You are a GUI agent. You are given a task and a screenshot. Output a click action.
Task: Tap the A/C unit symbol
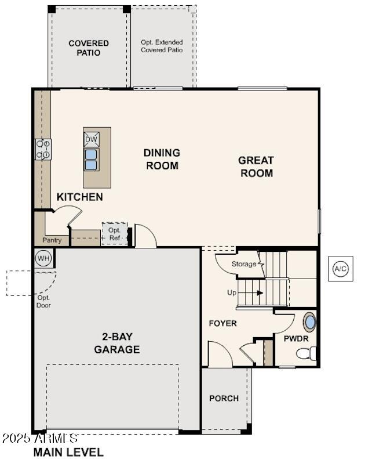[341, 269]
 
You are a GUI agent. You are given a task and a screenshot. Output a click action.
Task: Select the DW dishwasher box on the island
[92, 139]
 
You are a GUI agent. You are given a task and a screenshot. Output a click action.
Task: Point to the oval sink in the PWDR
[310, 322]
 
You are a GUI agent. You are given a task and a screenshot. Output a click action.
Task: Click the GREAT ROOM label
[257, 167]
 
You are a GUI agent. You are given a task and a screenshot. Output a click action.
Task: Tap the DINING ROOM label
[162, 159]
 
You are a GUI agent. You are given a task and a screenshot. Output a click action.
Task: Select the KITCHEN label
[80, 197]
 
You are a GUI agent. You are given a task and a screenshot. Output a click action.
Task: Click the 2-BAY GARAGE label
[117, 344]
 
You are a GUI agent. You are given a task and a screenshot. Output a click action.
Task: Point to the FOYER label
[223, 323]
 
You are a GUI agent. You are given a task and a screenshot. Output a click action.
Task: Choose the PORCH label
[224, 398]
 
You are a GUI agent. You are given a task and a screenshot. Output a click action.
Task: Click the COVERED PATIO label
[89, 48]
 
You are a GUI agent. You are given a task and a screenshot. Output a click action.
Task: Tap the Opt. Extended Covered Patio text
[162, 46]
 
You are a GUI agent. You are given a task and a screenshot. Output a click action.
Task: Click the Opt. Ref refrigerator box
[114, 234]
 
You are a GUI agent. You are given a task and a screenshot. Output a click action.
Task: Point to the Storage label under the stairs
[243, 264]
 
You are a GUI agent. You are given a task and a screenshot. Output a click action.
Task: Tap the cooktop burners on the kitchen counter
[43, 149]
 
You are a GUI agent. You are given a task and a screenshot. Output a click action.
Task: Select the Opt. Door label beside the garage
[43, 301]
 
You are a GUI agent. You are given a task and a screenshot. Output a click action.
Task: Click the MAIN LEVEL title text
[68, 451]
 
